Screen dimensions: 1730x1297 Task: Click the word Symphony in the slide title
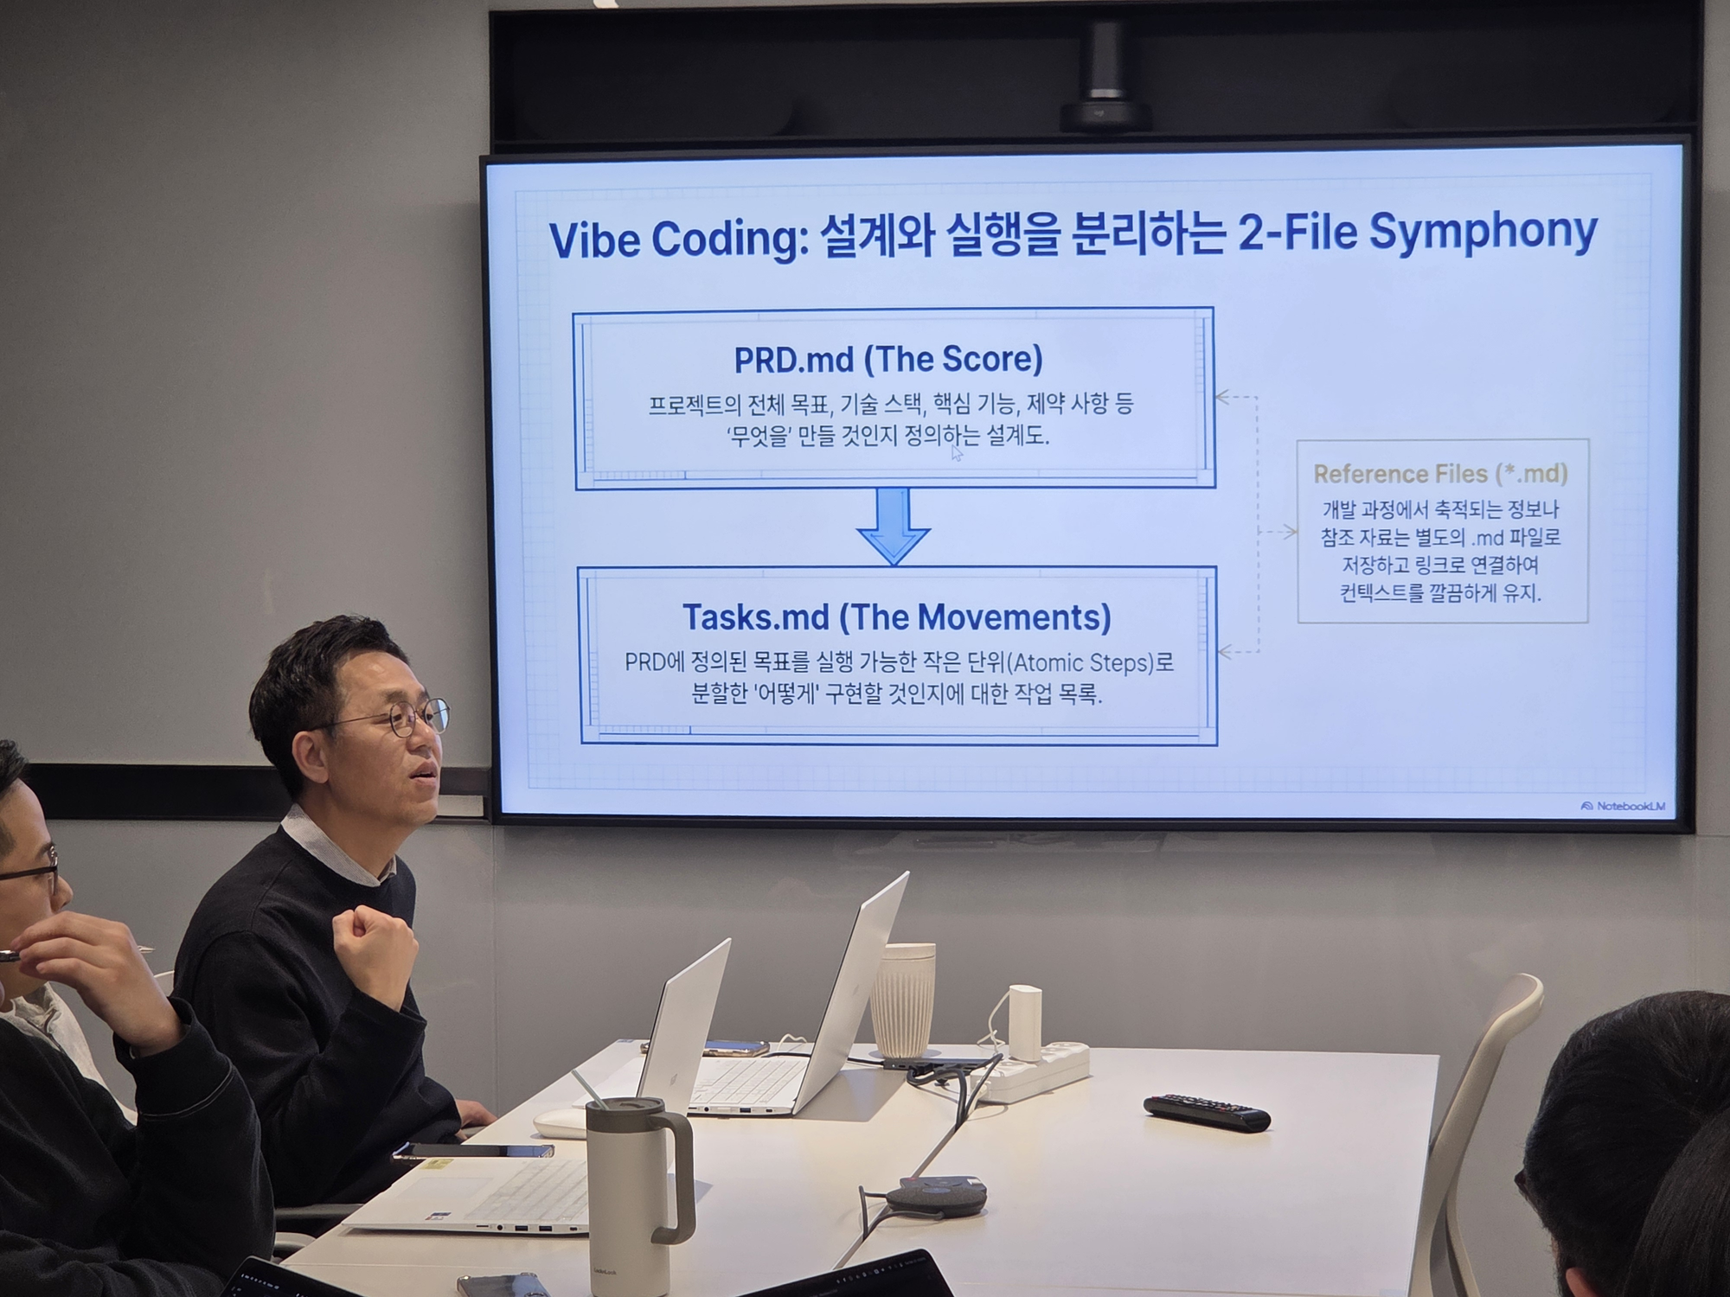click(1482, 233)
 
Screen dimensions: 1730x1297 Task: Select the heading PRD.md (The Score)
click(888, 360)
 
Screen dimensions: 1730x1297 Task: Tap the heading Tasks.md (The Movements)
click(897, 617)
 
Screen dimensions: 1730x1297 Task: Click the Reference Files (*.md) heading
click(1440, 474)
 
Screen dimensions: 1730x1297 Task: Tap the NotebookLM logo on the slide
click(1623, 806)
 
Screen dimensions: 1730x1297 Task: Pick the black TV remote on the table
click(1207, 1112)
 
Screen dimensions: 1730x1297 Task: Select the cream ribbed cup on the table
click(902, 1000)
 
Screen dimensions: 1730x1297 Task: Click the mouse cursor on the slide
click(956, 453)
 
